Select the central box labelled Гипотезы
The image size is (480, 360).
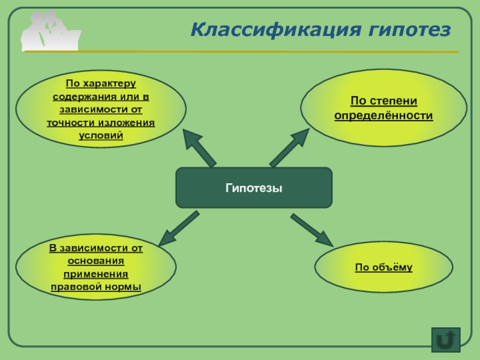pyautogui.click(x=253, y=188)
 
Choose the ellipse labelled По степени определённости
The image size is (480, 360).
pyautogui.click(x=383, y=108)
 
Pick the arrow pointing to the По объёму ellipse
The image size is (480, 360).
pyautogui.click(x=312, y=230)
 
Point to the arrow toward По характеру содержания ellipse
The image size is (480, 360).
pyautogui.click(x=200, y=148)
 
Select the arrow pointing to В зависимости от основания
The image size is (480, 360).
pyautogui.click(x=178, y=228)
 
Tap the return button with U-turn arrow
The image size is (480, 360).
pyautogui.click(x=445, y=340)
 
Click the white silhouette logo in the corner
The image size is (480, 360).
pyautogui.click(x=50, y=32)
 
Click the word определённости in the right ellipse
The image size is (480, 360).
pyautogui.click(x=383, y=115)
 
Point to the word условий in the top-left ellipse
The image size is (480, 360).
pyautogui.click(x=101, y=135)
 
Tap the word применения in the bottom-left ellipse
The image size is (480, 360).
pyautogui.click(x=96, y=274)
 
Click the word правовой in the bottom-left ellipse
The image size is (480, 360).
pyautogui.click(x=75, y=287)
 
